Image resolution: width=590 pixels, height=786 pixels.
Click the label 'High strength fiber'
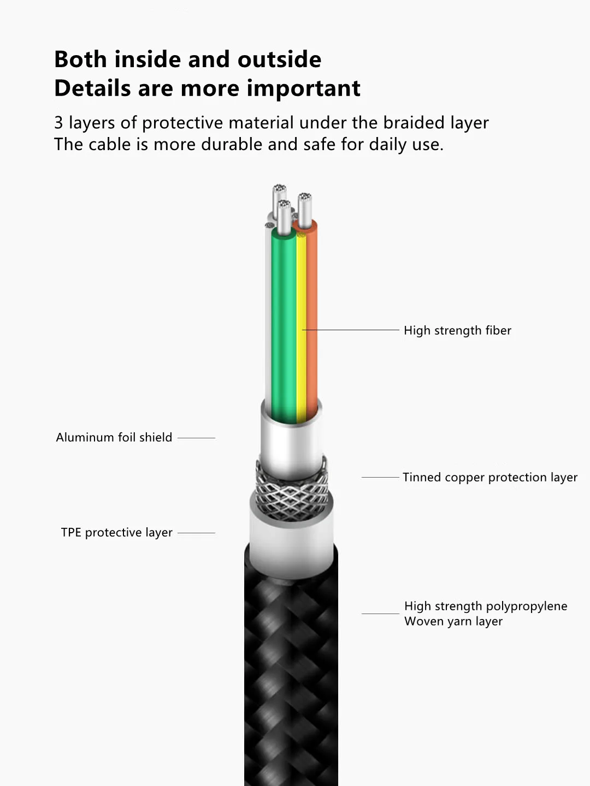(457, 330)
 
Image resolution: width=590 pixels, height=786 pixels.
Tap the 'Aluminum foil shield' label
(114, 437)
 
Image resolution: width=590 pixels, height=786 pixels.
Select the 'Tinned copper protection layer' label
(489, 477)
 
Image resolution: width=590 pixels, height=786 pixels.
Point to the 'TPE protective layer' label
(116, 532)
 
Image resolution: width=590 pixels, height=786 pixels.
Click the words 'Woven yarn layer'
(453, 621)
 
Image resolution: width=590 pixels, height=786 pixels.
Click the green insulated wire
(283, 327)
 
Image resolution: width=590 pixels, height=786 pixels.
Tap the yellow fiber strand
(301, 327)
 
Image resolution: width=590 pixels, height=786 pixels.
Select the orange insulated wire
(311, 327)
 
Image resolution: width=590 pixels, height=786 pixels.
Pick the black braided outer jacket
(291, 682)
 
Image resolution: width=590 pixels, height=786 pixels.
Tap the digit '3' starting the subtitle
(58, 123)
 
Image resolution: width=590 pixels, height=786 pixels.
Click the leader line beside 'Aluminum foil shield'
(196, 438)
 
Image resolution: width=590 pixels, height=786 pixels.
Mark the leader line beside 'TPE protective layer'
(196, 533)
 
